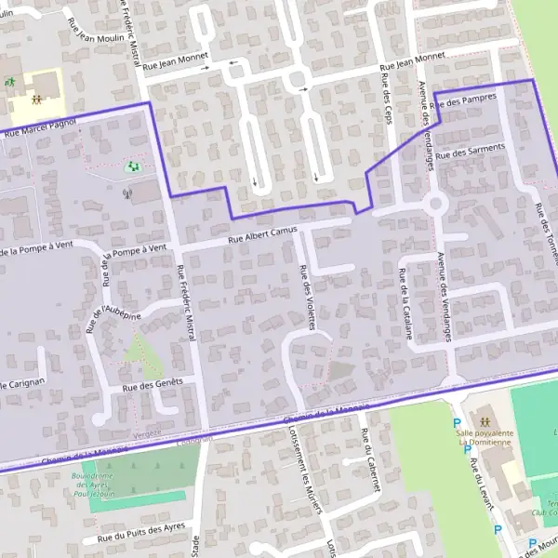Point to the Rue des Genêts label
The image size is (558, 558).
coord(153,384)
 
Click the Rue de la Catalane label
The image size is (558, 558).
coord(405,302)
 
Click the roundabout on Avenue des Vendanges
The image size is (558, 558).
coord(435,203)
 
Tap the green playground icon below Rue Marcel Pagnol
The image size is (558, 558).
coord(132,167)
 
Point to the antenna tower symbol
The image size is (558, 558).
coord(127,195)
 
